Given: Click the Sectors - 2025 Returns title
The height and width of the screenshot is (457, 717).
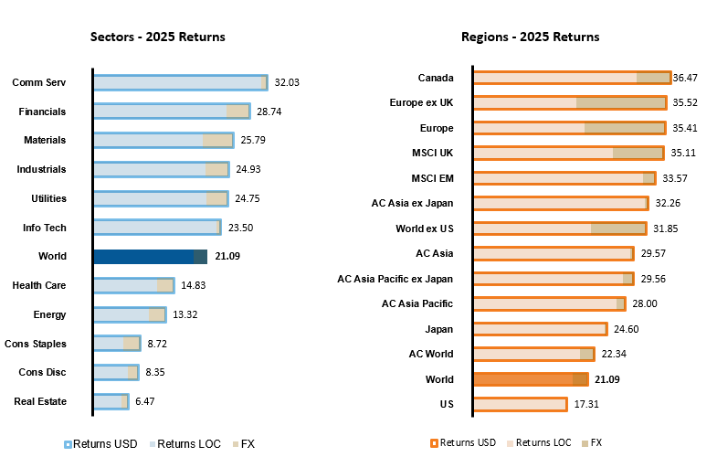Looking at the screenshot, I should click(157, 37).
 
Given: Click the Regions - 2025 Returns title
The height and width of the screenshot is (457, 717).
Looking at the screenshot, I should click(530, 37).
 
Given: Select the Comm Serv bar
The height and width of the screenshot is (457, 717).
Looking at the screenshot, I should click(180, 82).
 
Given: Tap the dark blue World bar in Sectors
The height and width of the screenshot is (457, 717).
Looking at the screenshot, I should click(151, 257).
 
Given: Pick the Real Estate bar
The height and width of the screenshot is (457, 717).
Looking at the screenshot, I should click(111, 401).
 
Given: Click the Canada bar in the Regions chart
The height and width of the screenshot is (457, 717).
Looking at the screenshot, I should click(572, 78).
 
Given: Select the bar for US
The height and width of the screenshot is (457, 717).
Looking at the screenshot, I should click(521, 404).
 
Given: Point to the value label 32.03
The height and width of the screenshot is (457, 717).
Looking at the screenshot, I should click(287, 82).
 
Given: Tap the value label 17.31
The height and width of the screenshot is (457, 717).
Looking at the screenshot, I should click(586, 404).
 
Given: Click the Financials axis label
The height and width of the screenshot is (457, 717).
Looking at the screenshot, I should click(42, 112).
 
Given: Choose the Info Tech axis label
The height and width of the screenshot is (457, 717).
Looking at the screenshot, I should click(45, 228).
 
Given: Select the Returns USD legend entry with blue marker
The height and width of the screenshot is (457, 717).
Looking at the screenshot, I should click(100, 444).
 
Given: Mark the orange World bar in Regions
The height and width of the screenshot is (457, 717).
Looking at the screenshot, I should click(531, 379).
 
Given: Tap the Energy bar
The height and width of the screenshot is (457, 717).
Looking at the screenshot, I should click(130, 314).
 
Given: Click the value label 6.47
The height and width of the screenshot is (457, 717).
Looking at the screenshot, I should click(145, 401).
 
